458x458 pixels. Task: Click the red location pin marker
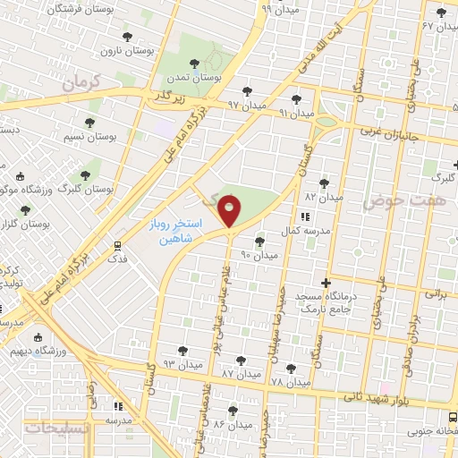[230, 210]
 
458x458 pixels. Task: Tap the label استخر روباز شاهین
[175, 231]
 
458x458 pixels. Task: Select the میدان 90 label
[259, 255]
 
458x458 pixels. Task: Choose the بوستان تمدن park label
[219, 78]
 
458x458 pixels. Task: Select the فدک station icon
[118, 245]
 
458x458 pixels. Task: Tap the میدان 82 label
[324, 196]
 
